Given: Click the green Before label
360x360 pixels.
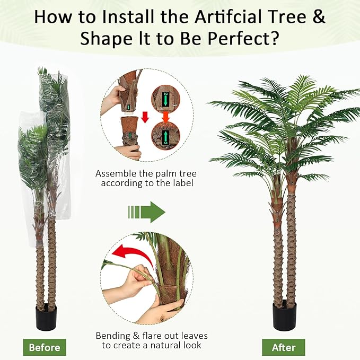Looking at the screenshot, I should [x=45, y=348].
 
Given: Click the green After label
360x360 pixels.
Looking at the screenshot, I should [x=283, y=348].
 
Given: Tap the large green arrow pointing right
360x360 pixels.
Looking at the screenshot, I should [x=146, y=212].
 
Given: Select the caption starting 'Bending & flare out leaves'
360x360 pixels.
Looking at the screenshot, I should [x=152, y=336].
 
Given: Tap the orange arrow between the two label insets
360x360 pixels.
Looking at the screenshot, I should [x=166, y=115].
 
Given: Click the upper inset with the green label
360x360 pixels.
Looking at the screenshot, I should [x=165, y=96].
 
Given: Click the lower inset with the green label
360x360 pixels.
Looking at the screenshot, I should [x=165, y=136].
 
